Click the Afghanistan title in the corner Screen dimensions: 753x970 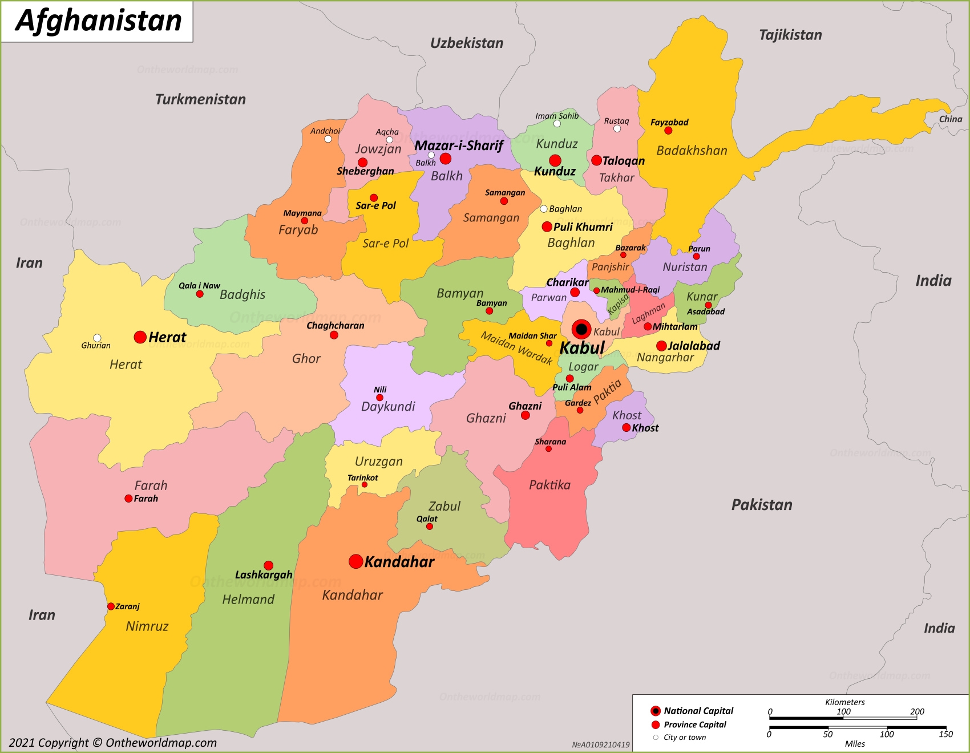pyautogui.click(x=98, y=21)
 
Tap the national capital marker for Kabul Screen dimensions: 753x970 pyautogui.click(x=581, y=329)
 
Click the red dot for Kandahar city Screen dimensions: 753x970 pyautogui.click(x=355, y=561)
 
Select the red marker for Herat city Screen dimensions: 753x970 pyautogui.click(x=140, y=337)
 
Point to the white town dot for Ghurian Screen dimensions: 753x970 pyautogui.click(x=97, y=338)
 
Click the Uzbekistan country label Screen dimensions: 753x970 pyautogui.click(x=466, y=43)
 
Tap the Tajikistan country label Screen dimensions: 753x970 pyautogui.click(x=790, y=35)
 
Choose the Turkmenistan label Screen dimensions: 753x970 pyautogui.click(x=200, y=100)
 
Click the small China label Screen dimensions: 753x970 pyautogui.click(x=950, y=119)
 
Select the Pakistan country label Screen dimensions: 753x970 pyautogui.click(x=761, y=505)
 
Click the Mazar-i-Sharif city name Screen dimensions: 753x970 pyautogui.click(x=459, y=145)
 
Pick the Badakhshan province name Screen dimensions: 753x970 pyautogui.click(x=692, y=151)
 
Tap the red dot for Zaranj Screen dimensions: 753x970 pyautogui.click(x=111, y=606)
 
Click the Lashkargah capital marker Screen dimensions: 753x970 pyautogui.click(x=268, y=565)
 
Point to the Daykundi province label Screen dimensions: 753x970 pyautogui.click(x=388, y=407)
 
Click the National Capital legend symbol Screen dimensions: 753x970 pyautogui.click(x=655, y=711)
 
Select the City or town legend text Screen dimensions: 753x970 pyautogui.click(x=684, y=738)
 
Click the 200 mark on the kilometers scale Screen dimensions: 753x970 pyautogui.click(x=916, y=711)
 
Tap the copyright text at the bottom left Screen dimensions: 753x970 pyautogui.click(x=112, y=743)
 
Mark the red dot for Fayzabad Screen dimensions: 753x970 pyautogui.click(x=668, y=131)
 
